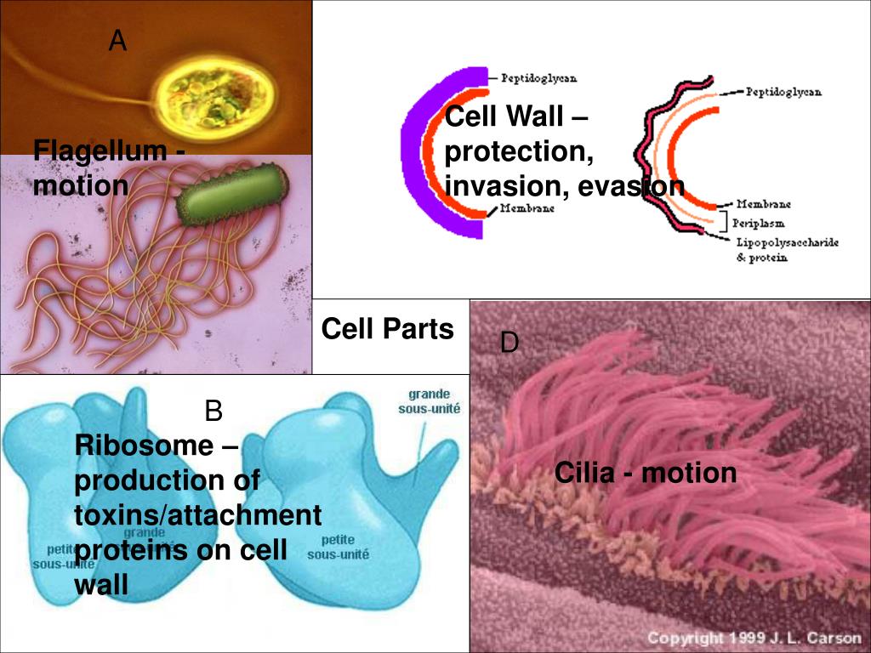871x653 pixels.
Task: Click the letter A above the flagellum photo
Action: [x=117, y=39]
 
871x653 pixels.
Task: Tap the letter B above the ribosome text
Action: [x=213, y=412]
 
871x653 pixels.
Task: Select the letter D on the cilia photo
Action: [x=509, y=343]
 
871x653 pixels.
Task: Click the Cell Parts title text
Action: [x=387, y=329]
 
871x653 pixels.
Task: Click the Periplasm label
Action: [x=759, y=223]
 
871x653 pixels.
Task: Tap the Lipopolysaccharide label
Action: [x=787, y=242]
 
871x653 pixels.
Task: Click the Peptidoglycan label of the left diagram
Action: [x=538, y=78]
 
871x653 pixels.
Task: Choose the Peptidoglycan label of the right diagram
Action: [x=783, y=92]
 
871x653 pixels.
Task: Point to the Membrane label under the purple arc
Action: [x=527, y=208]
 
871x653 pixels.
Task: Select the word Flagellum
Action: [x=100, y=151]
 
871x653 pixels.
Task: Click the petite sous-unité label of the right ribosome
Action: [x=338, y=547]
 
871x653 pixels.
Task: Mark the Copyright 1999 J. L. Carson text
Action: [x=754, y=637]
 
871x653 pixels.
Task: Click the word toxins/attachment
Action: [x=198, y=515]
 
